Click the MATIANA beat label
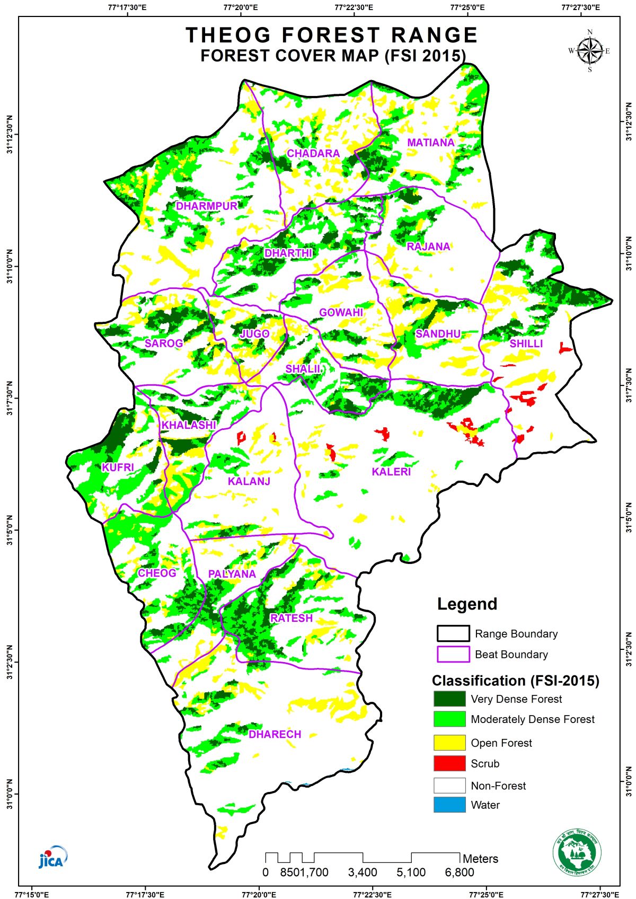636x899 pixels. coord(431,143)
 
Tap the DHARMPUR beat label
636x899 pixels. coord(207,206)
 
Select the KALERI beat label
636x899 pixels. coord(391,472)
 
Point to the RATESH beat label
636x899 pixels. coord(291,618)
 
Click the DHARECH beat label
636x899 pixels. coord(275,734)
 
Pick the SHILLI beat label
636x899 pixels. coord(526,343)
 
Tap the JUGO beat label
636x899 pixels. coord(254,334)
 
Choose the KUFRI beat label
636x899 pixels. coord(118,468)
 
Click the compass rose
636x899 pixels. coord(589,51)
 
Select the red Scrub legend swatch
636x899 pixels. coord(449,763)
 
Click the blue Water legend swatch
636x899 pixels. coord(449,805)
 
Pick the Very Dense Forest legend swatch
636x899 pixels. coord(449,699)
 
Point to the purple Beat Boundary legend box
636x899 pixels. coord(453,654)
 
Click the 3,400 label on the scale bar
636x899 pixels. coord(363,872)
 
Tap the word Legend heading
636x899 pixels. coord(467,604)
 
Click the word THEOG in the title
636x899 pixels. coord(228,35)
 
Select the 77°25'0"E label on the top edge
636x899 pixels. coord(467,7)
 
